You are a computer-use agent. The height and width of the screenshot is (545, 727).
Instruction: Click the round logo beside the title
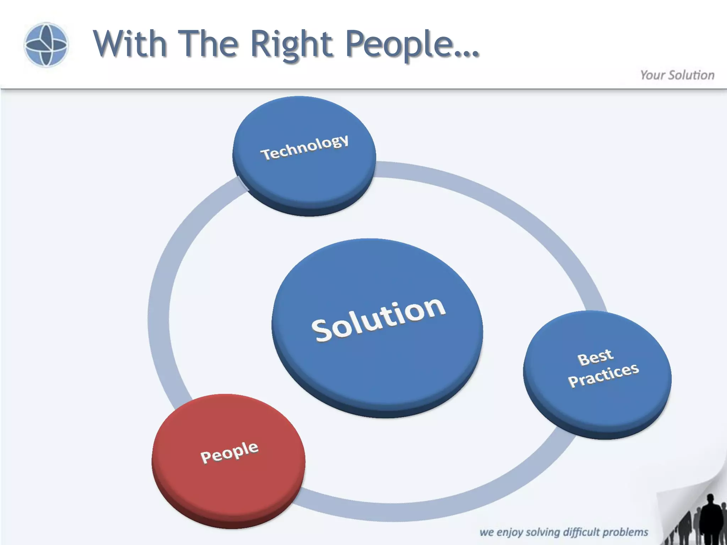[x=46, y=45]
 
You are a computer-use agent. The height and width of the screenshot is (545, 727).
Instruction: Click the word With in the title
[x=130, y=44]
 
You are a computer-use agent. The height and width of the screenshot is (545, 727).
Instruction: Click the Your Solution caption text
[x=677, y=75]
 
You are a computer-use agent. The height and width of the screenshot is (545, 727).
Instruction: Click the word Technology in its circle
[x=305, y=147]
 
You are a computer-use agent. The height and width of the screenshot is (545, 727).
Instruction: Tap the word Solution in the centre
[x=378, y=320]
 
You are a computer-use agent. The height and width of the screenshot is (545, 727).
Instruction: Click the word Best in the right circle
[x=595, y=357]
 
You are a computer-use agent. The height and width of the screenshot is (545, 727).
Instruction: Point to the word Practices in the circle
[x=603, y=375]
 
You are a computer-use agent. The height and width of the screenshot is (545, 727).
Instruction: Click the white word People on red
[x=229, y=452]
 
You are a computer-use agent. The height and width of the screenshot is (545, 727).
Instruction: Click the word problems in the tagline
[x=625, y=532]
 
